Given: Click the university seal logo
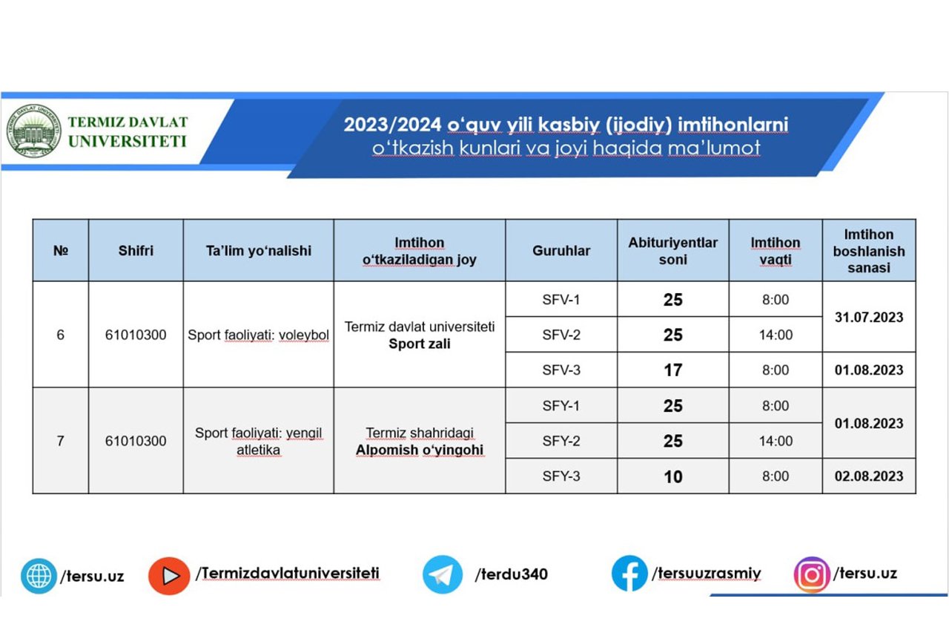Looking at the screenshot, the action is click(34, 131).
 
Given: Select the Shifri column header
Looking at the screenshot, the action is click(136, 251).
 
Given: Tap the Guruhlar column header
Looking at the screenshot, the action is click(561, 251).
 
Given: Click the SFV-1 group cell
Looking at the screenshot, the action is click(561, 300).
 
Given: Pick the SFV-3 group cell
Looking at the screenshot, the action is click(561, 370).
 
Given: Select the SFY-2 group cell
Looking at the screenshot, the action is click(561, 441).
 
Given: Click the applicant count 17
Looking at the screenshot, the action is click(672, 370).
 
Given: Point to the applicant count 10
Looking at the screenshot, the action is click(672, 476).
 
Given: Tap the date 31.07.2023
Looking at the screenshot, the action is click(869, 317).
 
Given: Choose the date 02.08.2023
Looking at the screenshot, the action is click(869, 476).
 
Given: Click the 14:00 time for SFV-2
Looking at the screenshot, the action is click(776, 335).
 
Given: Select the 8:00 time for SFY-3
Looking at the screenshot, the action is click(776, 476).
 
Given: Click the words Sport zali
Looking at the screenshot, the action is click(420, 344).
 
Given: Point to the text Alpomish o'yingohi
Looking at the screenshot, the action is click(420, 450).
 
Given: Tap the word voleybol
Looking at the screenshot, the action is click(304, 335).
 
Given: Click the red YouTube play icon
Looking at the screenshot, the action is click(169, 576).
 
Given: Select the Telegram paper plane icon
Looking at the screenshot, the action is click(443, 574).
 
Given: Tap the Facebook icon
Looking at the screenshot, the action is click(629, 574).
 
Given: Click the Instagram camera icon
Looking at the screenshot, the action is click(812, 575).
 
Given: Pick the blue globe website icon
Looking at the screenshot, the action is click(39, 576).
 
